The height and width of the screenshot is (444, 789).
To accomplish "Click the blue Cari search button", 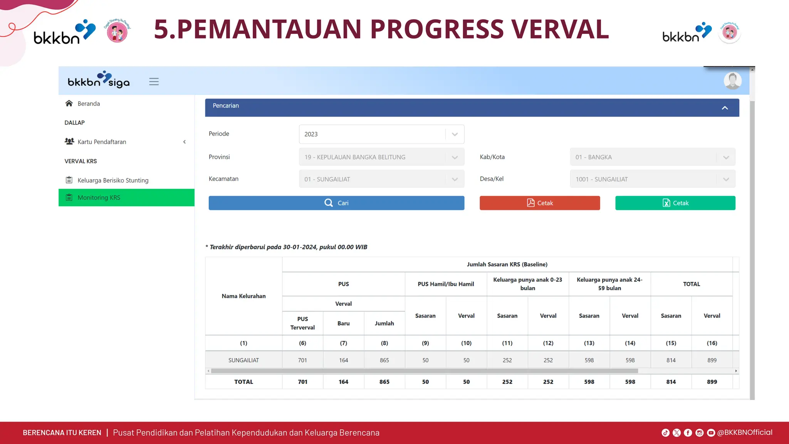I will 336,203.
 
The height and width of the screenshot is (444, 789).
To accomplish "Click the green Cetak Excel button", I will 675,203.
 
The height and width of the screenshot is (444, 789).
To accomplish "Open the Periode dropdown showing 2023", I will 381,134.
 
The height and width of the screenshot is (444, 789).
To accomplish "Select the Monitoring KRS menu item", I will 99,198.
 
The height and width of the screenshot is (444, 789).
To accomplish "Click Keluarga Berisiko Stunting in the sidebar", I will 113,180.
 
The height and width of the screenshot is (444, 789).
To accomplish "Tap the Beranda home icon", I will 69,103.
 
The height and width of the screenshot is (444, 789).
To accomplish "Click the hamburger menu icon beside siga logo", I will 154,82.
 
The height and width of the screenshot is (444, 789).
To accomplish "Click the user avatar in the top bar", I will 732,81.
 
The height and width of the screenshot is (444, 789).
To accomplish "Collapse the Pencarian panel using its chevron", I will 725,108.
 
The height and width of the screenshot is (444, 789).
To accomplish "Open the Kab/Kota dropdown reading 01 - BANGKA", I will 652,157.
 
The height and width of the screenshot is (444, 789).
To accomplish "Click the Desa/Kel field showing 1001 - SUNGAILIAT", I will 652,179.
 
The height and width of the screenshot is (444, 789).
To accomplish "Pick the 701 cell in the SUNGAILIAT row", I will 302,360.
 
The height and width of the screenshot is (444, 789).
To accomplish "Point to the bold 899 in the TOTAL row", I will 712,382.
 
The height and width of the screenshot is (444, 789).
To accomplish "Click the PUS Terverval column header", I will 302,323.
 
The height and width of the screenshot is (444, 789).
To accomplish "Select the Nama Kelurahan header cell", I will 243,296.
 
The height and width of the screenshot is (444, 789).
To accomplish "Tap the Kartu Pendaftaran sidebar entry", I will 102,142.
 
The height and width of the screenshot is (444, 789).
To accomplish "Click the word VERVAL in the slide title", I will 560,29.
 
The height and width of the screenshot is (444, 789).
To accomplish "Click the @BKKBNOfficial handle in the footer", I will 744,432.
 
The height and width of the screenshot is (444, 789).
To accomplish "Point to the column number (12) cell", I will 548,343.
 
